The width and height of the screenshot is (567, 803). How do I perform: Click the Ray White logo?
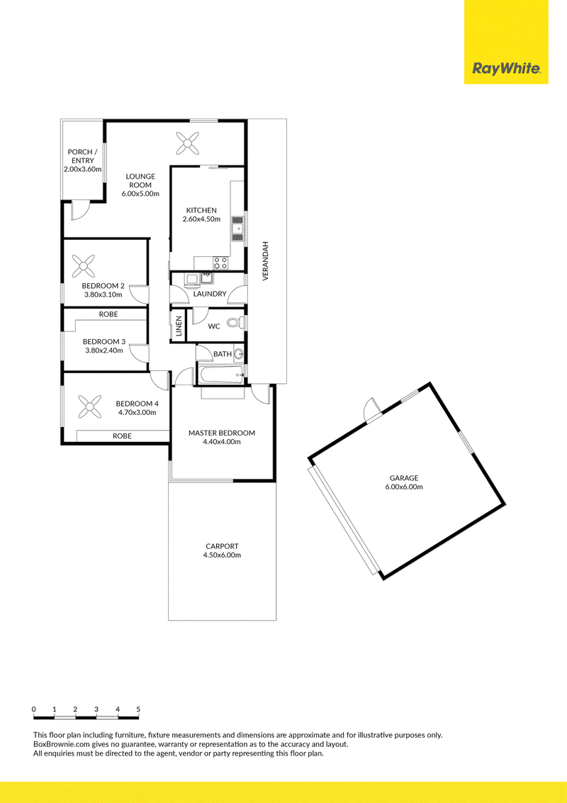[x=506, y=69]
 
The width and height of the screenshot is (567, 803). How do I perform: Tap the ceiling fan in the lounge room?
[x=187, y=143]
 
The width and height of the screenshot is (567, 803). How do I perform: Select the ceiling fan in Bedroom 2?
[x=83, y=266]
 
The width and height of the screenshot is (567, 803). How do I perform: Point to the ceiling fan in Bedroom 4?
[x=89, y=406]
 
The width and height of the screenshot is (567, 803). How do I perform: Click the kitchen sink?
[x=237, y=228]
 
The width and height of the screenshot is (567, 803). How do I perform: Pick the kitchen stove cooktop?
[x=221, y=262]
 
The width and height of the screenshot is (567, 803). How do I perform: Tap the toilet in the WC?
[x=237, y=323]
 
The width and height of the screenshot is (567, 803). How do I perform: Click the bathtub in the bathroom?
[x=222, y=375]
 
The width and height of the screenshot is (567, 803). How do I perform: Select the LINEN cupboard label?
[x=179, y=326]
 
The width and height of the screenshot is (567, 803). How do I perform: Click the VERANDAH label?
[x=266, y=261]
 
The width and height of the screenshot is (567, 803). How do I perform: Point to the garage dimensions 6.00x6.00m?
[x=404, y=487]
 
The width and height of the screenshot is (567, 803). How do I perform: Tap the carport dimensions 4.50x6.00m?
[x=222, y=555]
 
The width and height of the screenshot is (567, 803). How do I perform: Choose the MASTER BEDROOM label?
[x=222, y=433]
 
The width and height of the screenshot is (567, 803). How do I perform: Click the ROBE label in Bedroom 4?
[x=123, y=436]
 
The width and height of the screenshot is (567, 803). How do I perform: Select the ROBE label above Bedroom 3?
[x=108, y=314]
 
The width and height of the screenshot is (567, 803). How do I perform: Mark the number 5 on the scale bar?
[x=138, y=709]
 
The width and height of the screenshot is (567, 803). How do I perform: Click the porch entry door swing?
[x=79, y=211]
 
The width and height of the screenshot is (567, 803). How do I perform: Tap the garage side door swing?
[x=372, y=409]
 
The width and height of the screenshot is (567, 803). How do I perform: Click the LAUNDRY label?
[x=210, y=294]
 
